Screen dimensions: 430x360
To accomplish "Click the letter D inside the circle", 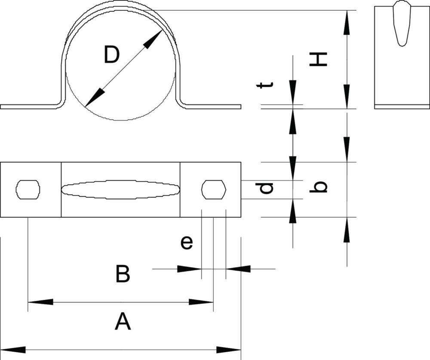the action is [112, 55].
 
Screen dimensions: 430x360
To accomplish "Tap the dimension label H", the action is [318, 59].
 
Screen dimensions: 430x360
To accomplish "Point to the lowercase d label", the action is [264, 188].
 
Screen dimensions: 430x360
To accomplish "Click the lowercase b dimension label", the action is [318, 187].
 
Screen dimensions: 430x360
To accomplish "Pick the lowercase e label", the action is [187, 243].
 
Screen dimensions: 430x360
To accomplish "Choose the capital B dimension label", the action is [122, 273].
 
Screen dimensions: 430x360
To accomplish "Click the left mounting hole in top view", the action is [28, 189].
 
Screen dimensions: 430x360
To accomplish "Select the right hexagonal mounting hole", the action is [214, 189].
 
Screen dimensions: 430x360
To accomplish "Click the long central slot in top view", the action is [120, 189].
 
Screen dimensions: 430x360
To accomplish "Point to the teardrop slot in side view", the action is [402, 23].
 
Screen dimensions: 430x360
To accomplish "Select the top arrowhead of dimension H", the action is [347, 22].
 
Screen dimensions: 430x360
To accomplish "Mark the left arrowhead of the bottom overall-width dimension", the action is [13, 350].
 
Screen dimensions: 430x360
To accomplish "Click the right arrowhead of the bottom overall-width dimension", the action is [229, 350].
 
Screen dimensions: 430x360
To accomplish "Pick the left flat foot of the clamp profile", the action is [30, 107].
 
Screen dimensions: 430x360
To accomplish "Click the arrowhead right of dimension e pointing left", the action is [238, 269].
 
